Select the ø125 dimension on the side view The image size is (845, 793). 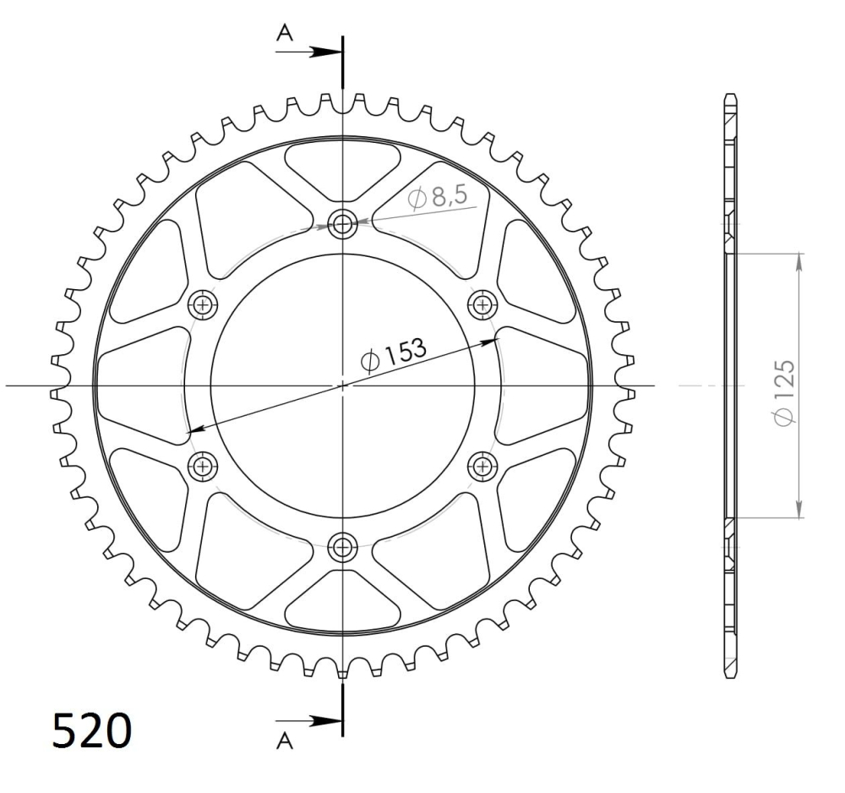coord(785,391)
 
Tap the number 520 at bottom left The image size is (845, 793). coord(92,730)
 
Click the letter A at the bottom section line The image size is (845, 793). coord(286,741)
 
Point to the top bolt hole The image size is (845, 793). coord(342,224)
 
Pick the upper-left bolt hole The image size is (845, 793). coord(202,304)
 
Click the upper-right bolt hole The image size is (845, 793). coord(482,304)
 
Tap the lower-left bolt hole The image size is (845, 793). coord(202,466)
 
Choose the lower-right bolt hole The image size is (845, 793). coord(482,466)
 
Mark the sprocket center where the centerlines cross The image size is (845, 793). coord(342,386)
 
